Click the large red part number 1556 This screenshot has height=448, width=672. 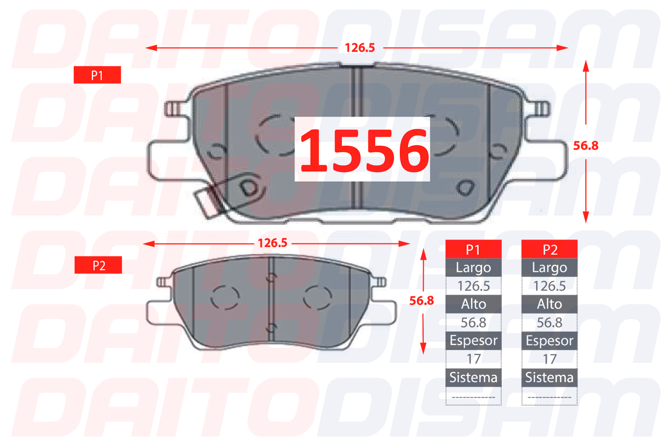[x=364, y=150]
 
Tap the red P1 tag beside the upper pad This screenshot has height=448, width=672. [x=97, y=75]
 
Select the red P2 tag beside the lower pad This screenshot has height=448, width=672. [x=99, y=265]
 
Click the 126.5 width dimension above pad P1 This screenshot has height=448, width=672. [x=360, y=48]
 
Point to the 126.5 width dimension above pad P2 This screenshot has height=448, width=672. [x=272, y=243]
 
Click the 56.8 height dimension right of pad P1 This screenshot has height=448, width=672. [x=585, y=146]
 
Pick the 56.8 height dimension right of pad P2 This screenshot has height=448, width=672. [x=422, y=301]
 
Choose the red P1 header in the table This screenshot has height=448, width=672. [x=473, y=249]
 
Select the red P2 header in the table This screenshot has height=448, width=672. [x=550, y=249]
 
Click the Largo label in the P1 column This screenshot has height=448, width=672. [x=473, y=268]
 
